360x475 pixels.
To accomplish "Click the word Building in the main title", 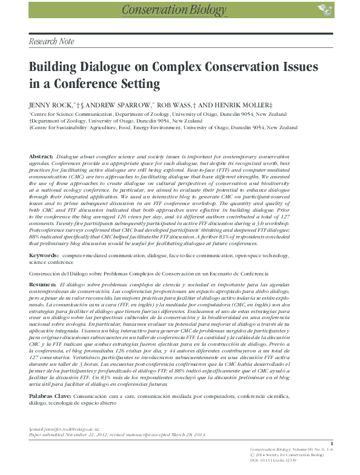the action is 55,67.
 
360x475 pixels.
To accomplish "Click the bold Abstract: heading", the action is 41,157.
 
